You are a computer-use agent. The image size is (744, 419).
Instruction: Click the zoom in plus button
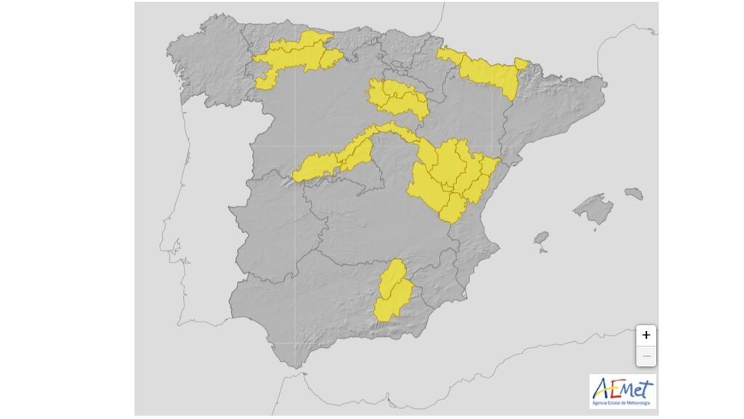(x=646, y=335)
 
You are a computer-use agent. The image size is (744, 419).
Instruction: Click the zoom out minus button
(x=646, y=356)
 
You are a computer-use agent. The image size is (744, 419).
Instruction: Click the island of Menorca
(x=634, y=193)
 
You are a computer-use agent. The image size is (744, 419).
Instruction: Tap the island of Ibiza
(x=541, y=238)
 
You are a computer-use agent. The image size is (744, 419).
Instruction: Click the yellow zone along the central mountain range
(x=341, y=156)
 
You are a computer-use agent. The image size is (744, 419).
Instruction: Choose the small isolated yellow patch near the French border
(x=521, y=63)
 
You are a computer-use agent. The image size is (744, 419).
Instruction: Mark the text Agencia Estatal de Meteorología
(x=622, y=402)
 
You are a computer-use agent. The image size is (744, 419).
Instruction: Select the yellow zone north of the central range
(x=396, y=98)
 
